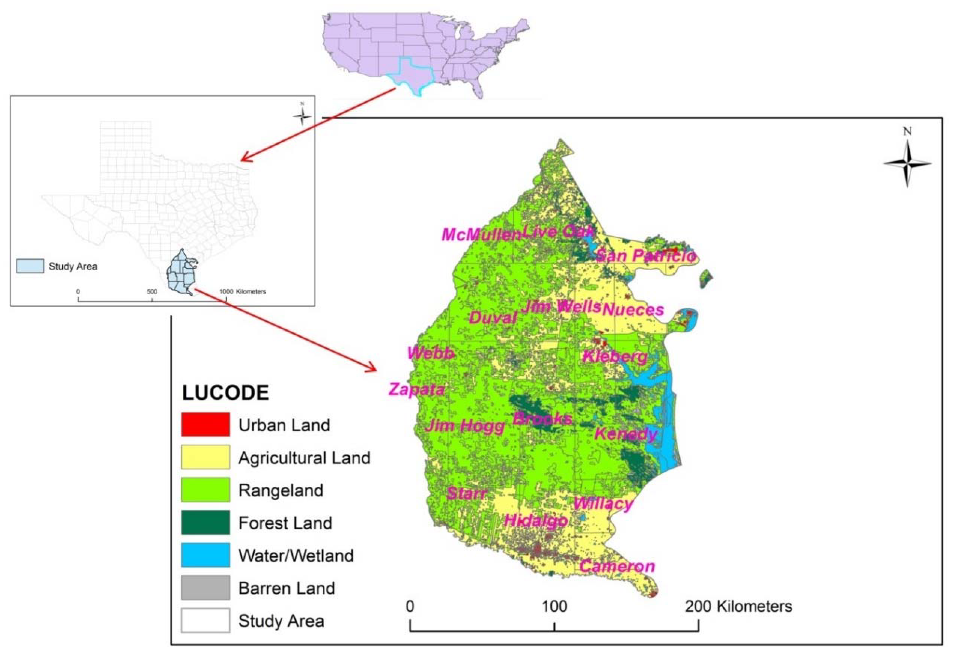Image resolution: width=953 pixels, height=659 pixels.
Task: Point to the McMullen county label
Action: (481, 234)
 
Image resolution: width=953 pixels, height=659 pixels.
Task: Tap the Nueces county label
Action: (633, 310)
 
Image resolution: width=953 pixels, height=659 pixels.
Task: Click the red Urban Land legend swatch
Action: (205, 424)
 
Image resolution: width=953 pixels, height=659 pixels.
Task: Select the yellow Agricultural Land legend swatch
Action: (205, 457)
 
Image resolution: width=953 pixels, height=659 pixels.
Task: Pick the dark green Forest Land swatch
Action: (205, 522)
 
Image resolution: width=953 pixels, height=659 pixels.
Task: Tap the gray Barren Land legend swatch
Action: (205, 588)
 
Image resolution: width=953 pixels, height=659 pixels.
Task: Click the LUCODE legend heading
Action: (225, 393)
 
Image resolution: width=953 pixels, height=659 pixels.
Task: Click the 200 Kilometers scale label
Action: (738, 606)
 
